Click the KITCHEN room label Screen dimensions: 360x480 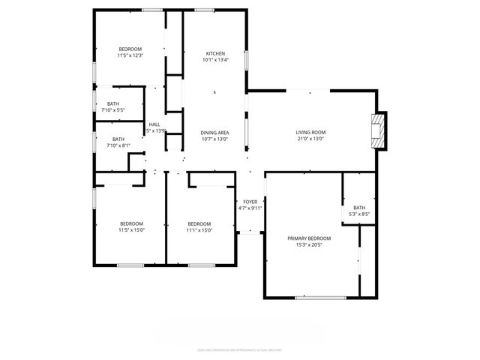[x=215, y=53]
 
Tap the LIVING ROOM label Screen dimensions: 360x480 [x=310, y=132]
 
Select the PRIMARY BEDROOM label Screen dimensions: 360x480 [x=309, y=238]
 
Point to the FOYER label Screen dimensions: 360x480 [x=250, y=202]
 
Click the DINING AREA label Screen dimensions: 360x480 [x=214, y=132]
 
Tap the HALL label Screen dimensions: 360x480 [x=154, y=124]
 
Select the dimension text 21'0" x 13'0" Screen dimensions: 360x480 [x=310, y=139]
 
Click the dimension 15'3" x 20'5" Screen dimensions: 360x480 [x=309, y=245]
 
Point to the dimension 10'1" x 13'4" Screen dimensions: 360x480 [x=215, y=60]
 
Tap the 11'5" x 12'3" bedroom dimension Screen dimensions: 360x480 [x=130, y=55]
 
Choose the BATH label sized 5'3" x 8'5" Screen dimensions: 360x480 [x=359, y=208]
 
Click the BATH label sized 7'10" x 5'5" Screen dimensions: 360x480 [x=112, y=104]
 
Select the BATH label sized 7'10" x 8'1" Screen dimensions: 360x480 [x=118, y=139]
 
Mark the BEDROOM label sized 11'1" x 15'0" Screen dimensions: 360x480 [x=199, y=223]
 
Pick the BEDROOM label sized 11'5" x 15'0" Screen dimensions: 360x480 [x=131, y=223]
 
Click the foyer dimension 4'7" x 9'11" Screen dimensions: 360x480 [x=250, y=208]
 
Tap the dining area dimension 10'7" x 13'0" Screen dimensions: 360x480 [x=214, y=139]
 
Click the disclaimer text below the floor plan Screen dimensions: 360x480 [x=239, y=349]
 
